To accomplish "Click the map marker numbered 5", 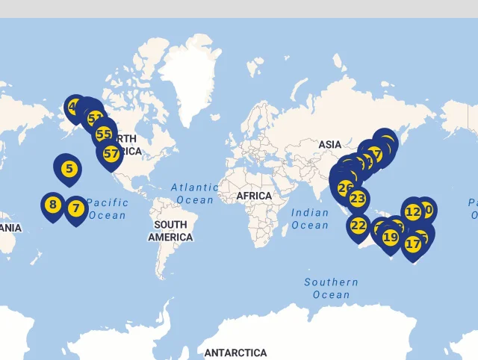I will point(69,169).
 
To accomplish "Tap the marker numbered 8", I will point(52,205).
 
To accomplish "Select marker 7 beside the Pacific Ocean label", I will point(75,208).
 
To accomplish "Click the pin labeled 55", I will point(104,134).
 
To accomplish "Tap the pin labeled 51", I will point(95,118).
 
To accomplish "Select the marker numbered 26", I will point(345,187).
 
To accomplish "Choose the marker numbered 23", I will point(358,199).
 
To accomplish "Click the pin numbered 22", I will point(358,225).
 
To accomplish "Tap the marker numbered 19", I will point(391,238).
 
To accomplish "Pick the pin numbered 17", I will point(413,243).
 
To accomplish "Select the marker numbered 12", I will point(413,211).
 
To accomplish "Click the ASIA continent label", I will point(329,144).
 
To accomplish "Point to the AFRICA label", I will point(254,196).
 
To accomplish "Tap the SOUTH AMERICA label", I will point(170,231).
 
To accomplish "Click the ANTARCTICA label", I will point(235,353).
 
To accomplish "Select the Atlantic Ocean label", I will point(194,193).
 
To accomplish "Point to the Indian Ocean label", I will point(310,219).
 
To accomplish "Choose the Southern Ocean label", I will point(331,288).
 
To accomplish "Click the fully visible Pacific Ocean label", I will point(107,208).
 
